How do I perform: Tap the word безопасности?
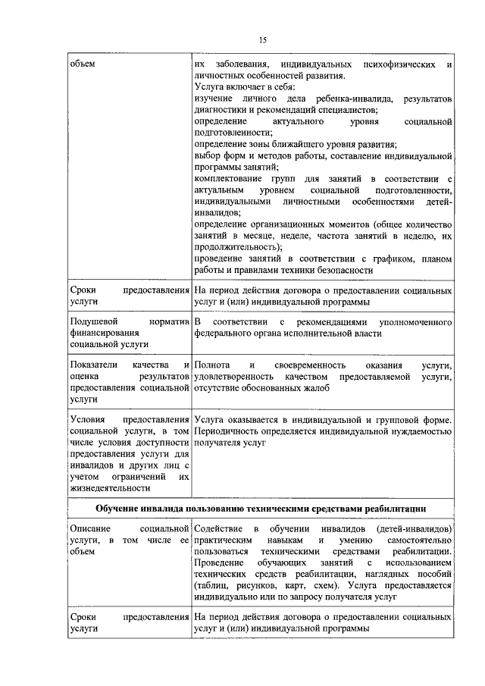pyautogui.click(x=339, y=270)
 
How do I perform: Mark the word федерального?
pyautogui.click(x=226, y=334)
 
